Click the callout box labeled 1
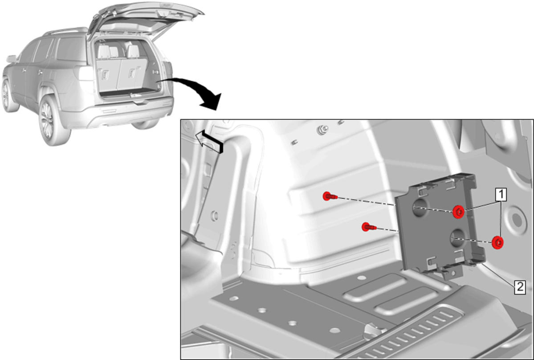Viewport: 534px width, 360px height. (501, 194)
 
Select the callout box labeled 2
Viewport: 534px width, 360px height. (520, 287)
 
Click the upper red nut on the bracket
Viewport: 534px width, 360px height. (458, 212)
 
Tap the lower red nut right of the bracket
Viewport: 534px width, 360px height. (498, 242)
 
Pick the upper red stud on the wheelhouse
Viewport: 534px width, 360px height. (330, 196)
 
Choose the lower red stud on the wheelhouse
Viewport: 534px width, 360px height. (368, 227)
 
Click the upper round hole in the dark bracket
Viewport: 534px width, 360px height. (419, 208)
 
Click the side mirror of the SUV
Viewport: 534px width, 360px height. (11, 59)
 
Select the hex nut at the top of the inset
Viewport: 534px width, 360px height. (322, 130)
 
